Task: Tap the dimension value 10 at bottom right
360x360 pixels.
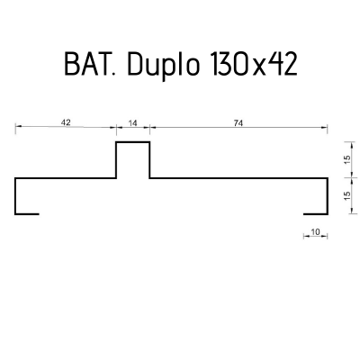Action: pos(315,231)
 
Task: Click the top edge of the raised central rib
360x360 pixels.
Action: pos(133,142)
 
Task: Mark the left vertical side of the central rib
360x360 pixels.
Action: pos(117,160)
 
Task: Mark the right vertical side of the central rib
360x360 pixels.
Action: pos(149,160)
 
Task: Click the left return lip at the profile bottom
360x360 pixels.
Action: pos(27,214)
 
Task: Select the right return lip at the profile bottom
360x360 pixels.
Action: pos(316,214)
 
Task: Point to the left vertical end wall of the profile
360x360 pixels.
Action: pos(16,196)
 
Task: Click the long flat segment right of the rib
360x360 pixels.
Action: pos(238,178)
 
